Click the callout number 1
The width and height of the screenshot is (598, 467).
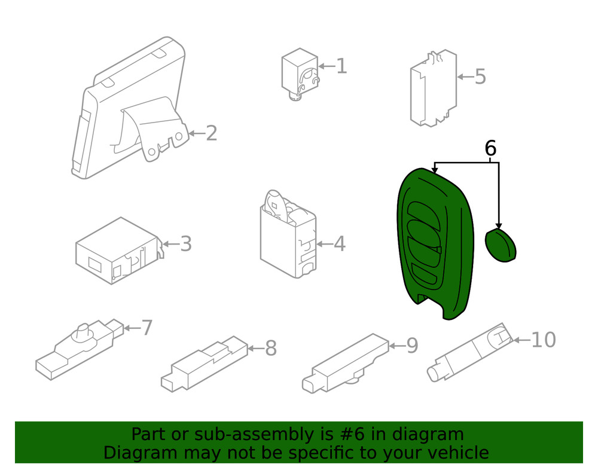pyautogui.click(x=341, y=66)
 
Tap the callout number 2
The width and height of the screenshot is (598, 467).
pyautogui.click(x=211, y=133)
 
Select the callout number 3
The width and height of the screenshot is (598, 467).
pyautogui.click(x=185, y=243)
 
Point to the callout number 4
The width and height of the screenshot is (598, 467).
pyautogui.click(x=340, y=243)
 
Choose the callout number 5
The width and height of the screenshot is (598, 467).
pyautogui.click(x=480, y=77)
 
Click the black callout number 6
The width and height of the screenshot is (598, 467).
pyautogui.click(x=490, y=148)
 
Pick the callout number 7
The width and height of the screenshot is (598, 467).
pyautogui.click(x=147, y=328)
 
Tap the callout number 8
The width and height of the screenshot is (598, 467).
pyautogui.click(x=271, y=348)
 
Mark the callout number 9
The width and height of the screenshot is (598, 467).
pyautogui.click(x=412, y=346)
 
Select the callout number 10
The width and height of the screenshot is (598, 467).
pyautogui.click(x=544, y=340)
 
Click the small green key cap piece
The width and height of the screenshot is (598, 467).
pyautogui.click(x=501, y=245)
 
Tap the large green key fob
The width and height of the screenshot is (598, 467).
pyautogui.click(x=435, y=244)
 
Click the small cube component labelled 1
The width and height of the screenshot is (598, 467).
pyautogui.click(x=300, y=74)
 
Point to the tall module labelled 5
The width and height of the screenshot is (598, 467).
pyautogui.click(x=434, y=88)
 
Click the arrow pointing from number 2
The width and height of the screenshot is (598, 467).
pyautogui.click(x=197, y=133)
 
